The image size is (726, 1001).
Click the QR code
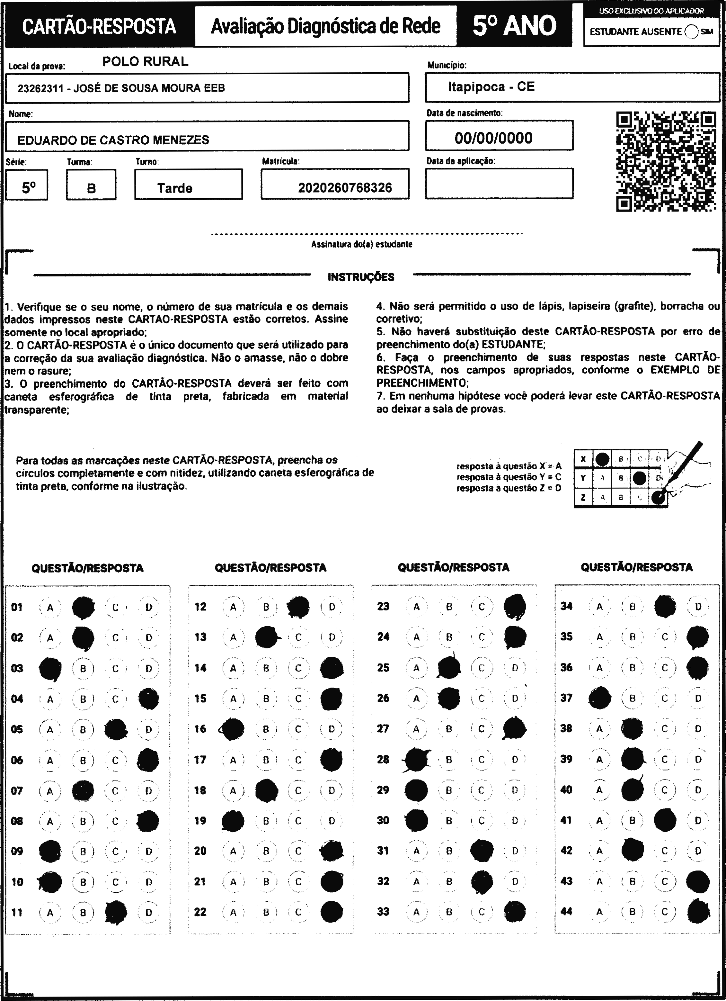point(666,162)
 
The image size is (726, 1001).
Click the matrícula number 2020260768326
point(345,188)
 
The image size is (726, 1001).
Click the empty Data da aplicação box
point(499,184)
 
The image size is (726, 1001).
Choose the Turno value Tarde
point(175,188)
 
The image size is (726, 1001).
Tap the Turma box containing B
point(91,188)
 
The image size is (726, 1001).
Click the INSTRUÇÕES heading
point(361,277)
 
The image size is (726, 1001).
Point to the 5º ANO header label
point(514,26)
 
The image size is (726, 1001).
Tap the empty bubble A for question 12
point(233,607)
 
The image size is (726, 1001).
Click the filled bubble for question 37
point(600,698)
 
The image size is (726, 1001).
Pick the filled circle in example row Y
point(639,478)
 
